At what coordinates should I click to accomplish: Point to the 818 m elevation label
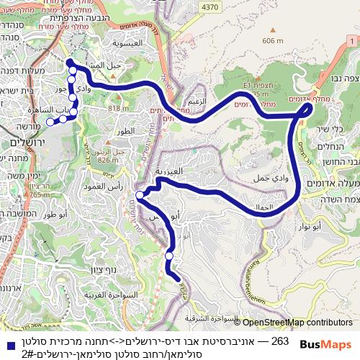pyautogui.click(x=118, y=108)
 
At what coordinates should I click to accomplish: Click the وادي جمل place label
pyautogui.click(x=270, y=177)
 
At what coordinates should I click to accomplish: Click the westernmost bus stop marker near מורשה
pyautogui.click(x=50, y=122)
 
